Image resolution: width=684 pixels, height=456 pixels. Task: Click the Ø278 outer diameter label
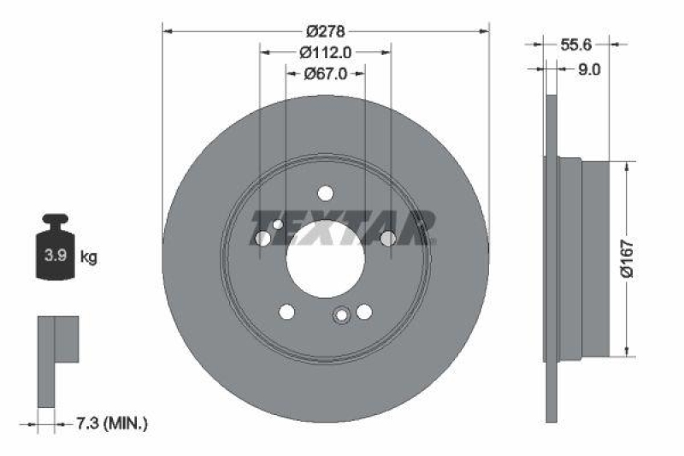(x=325, y=31)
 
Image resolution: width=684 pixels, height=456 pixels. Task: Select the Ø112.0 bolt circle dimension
(x=325, y=52)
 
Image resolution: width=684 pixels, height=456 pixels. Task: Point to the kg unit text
(x=88, y=256)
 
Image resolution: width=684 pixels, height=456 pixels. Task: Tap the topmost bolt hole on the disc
(x=325, y=193)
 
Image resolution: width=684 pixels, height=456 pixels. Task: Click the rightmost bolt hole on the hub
(x=387, y=239)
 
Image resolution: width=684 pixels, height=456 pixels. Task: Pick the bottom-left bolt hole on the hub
(x=287, y=311)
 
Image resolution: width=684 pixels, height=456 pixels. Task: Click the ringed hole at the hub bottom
(x=342, y=316)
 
